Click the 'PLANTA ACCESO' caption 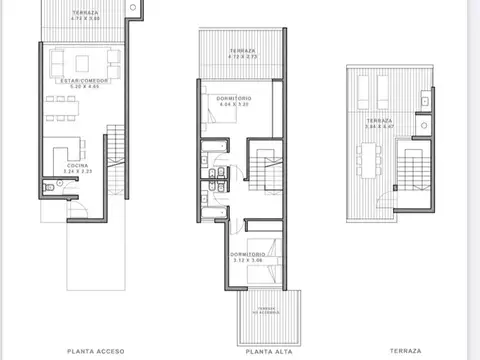[x=95, y=351]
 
